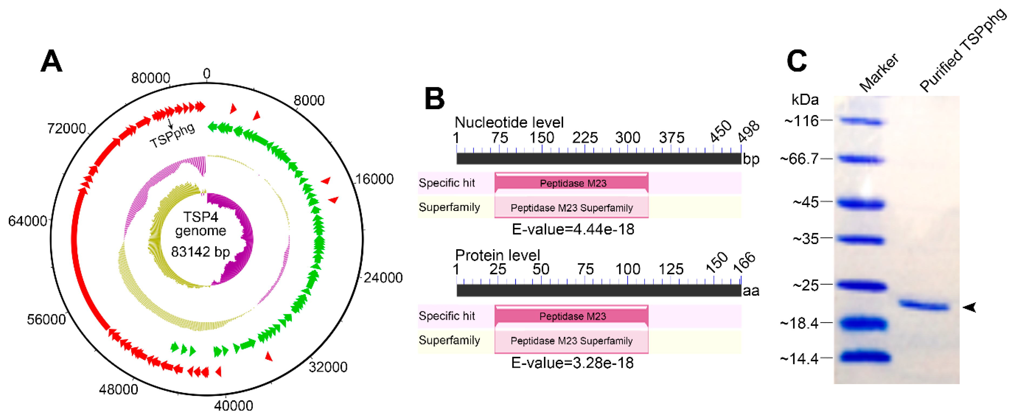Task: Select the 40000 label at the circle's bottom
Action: coord(233,405)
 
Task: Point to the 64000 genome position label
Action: coord(28,221)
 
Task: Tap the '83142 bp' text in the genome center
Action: coord(200,251)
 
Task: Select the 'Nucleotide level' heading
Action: coord(509,122)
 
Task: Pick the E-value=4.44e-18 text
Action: coord(573,229)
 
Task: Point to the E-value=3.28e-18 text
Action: coord(572,362)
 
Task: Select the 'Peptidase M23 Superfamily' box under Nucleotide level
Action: coord(571,207)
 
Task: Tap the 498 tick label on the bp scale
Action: coord(748,132)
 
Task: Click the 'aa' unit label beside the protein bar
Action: coord(751,291)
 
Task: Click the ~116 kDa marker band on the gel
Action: coord(861,121)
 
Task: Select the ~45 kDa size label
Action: coord(806,202)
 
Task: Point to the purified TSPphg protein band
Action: coord(924,305)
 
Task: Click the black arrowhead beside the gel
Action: coord(970,307)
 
